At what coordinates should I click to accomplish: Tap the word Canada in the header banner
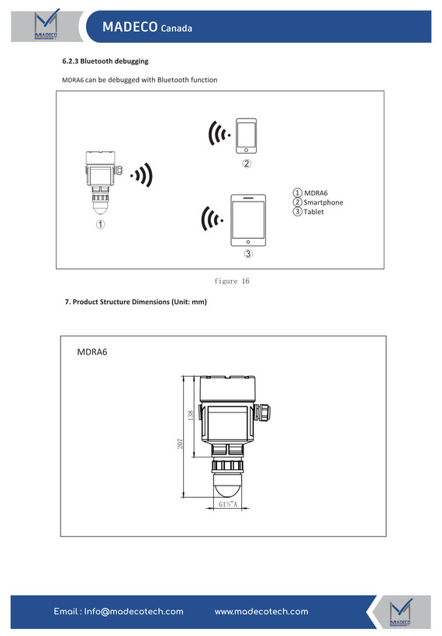click(176, 29)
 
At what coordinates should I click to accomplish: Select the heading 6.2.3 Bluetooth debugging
click(105, 61)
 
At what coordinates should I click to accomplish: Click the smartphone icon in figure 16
click(246, 136)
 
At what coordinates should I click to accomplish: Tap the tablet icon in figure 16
click(248, 220)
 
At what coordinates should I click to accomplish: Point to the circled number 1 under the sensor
click(100, 224)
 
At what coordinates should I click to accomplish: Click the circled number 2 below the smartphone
click(247, 164)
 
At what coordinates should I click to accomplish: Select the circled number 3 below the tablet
click(248, 254)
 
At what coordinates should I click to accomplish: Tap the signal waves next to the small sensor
click(142, 175)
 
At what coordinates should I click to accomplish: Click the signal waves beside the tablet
click(212, 219)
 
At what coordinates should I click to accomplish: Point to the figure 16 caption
click(232, 281)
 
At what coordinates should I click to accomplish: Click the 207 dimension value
click(180, 444)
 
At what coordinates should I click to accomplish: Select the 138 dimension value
click(191, 415)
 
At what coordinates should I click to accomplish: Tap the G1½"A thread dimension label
click(228, 504)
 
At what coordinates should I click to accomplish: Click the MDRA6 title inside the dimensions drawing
click(92, 352)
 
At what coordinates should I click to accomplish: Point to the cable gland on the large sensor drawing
click(263, 413)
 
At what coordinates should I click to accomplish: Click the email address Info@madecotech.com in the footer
click(119, 611)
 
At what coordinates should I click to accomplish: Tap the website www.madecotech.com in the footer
click(261, 611)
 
